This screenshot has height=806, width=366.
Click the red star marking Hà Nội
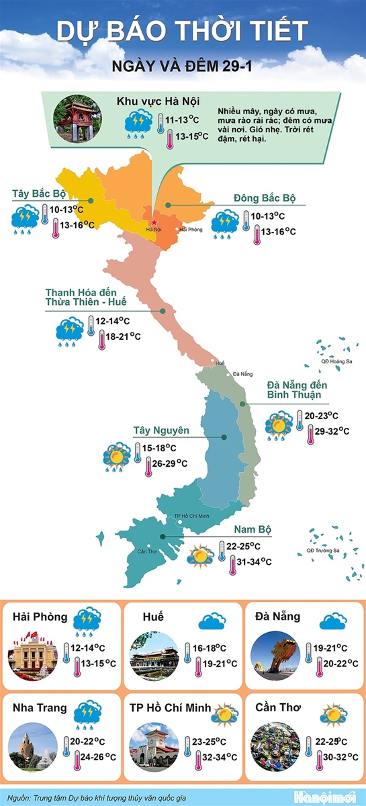pyautogui.click(x=154, y=222)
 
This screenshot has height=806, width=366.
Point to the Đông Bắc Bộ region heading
pyautogui.click(x=265, y=197)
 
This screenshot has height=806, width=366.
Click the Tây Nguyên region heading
pyautogui.click(x=161, y=431)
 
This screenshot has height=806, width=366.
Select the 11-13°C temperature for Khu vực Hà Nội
pyautogui.click(x=183, y=119)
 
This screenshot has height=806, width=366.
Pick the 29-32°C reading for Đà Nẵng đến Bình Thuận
pyautogui.click(x=332, y=431)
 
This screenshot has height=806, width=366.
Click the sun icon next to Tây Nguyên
pyautogui.click(x=117, y=456)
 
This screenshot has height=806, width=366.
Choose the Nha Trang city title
pyautogui.click(x=39, y=707)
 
